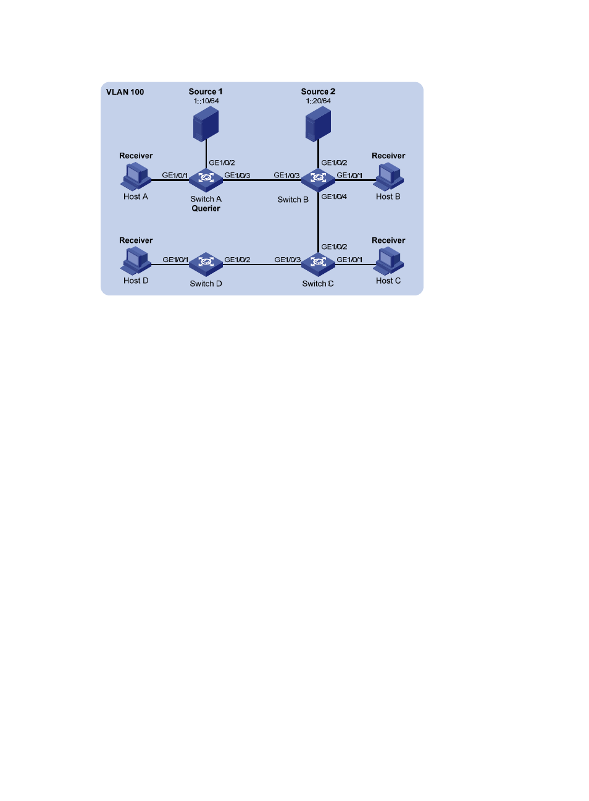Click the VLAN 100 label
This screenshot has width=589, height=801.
pos(125,92)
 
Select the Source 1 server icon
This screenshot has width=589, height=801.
pos(206,124)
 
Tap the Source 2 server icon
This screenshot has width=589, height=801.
pos(318,124)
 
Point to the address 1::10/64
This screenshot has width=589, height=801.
pos(206,101)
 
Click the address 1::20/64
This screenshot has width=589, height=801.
pos(318,101)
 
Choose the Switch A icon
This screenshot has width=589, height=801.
pos(206,180)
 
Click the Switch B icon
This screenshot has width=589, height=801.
pos(318,180)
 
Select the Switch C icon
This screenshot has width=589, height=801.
pos(318,265)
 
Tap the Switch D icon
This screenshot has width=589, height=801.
pos(206,265)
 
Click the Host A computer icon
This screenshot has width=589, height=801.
pos(136,176)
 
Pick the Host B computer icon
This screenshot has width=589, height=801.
pos(388,176)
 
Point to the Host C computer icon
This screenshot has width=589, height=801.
pos(388,261)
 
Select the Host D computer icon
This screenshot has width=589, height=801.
pos(136,261)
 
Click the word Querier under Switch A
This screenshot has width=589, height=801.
pos(206,208)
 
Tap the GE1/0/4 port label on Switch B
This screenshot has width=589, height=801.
pos(334,197)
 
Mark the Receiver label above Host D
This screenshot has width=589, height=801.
pos(136,240)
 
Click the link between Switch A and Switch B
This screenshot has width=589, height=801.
pos(262,180)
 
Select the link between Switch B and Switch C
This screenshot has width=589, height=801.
pos(318,222)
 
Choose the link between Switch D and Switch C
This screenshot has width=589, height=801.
pos(262,265)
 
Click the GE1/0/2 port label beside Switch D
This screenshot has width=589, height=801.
pos(237,260)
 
